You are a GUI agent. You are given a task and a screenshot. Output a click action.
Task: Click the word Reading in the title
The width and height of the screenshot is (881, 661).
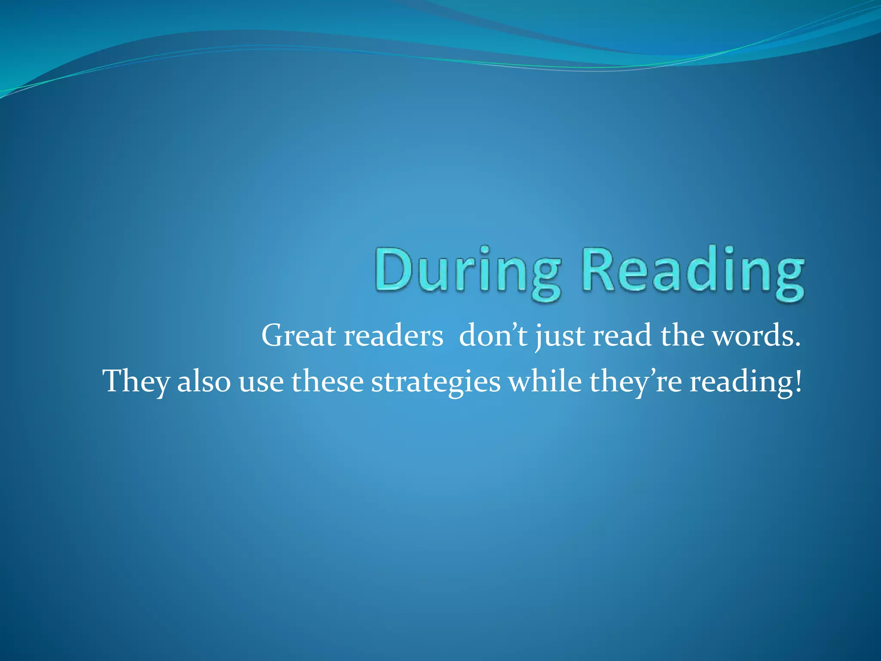point(693,272)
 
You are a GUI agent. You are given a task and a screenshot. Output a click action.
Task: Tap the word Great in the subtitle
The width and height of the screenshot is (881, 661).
point(298,336)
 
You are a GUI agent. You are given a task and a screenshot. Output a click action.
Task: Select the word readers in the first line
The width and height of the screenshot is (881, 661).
point(393,336)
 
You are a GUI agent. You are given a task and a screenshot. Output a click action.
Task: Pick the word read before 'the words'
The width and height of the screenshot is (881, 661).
point(622,336)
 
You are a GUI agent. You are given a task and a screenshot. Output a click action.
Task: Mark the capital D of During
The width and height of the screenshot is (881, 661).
point(393,270)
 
